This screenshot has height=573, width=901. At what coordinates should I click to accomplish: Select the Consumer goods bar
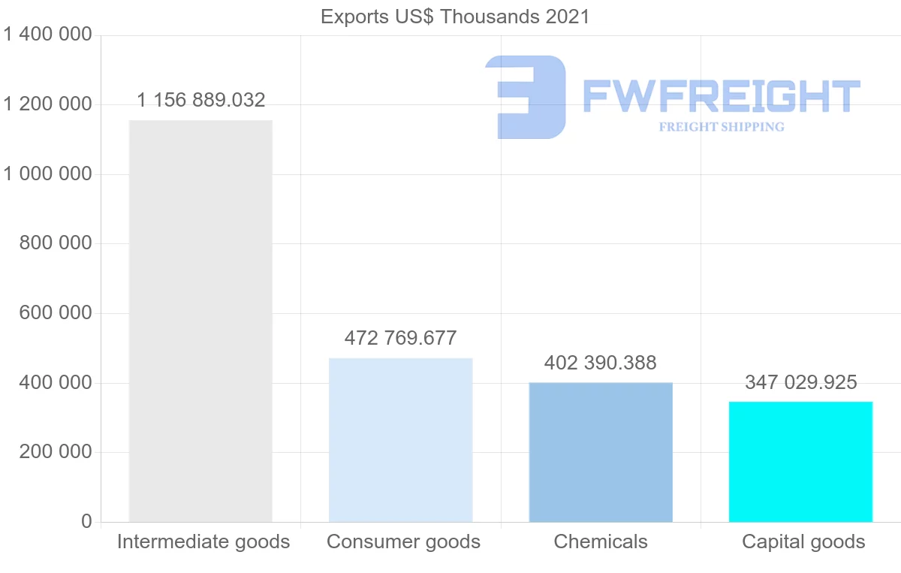[x=401, y=439]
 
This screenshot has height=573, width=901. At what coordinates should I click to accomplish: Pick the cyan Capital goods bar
[x=800, y=462]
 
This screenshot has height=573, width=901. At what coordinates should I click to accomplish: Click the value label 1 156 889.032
[x=201, y=100]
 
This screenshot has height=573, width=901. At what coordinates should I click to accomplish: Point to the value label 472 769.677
[x=400, y=338]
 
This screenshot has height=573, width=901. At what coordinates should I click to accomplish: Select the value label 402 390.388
[x=601, y=363]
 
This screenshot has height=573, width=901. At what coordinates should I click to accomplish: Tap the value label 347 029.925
[x=800, y=382]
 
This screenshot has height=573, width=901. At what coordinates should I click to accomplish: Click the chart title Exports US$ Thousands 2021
[x=455, y=17]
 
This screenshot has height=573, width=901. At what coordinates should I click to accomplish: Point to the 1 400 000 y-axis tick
[x=47, y=35]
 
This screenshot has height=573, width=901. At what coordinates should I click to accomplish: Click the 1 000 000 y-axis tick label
[x=47, y=174]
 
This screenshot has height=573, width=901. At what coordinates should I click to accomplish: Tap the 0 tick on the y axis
[x=86, y=522]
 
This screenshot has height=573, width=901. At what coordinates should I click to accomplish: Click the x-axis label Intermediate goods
[x=203, y=541]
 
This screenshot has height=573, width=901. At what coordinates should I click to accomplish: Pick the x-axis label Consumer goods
[x=404, y=541]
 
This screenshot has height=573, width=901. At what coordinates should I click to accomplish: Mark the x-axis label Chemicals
[x=601, y=541]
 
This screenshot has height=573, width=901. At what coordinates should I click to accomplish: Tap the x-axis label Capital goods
[x=803, y=541]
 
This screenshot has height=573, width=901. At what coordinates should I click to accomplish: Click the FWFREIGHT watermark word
[x=721, y=96]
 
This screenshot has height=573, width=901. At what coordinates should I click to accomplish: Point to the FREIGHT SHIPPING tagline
[x=722, y=127]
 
